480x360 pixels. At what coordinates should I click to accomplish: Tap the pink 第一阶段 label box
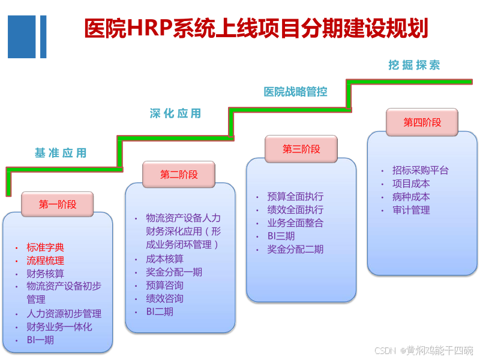pyautogui.click(x=58, y=205)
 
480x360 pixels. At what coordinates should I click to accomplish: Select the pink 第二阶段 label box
pyautogui.click(x=179, y=175)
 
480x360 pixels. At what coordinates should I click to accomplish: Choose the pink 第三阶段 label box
pyautogui.click(x=301, y=149)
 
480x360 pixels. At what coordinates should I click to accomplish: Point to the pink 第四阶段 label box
pyautogui.click(x=422, y=122)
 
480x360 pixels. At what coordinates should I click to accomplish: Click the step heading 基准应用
pyautogui.click(x=61, y=153)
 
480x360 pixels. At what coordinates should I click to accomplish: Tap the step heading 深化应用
pyautogui.click(x=175, y=113)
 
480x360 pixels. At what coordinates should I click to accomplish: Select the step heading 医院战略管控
pyautogui.click(x=295, y=92)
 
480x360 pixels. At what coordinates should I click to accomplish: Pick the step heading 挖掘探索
pyautogui.click(x=415, y=65)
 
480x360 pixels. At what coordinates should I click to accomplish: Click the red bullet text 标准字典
pyautogui.click(x=46, y=247)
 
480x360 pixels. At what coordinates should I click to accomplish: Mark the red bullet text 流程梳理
pyautogui.click(x=46, y=260)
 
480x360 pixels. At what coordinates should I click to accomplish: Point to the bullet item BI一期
pyautogui.click(x=40, y=340)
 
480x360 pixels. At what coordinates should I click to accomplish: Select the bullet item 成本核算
pyautogui.click(x=165, y=259)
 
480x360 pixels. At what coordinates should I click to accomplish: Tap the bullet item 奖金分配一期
pyautogui.click(x=174, y=272)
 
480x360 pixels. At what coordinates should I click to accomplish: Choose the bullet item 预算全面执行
pyautogui.click(x=295, y=196)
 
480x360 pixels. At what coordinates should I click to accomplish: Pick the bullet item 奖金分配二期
pyautogui.click(x=295, y=249)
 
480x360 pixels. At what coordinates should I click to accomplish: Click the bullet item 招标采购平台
pyautogui.click(x=421, y=170)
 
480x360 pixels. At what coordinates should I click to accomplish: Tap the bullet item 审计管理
pyautogui.click(x=411, y=210)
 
